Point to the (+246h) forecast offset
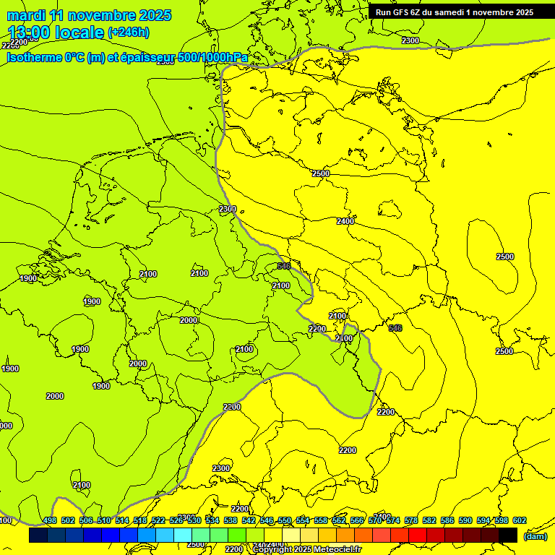click(x=128, y=33)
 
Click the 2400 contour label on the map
click(x=345, y=221)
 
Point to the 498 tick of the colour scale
click(x=50, y=520)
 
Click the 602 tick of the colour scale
click(x=520, y=520)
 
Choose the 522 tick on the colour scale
click(x=158, y=520)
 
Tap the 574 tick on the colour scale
click(x=393, y=520)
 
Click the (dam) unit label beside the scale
click(x=535, y=535)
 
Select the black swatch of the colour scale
click(x=508, y=535)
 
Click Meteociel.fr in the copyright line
click(x=336, y=550)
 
